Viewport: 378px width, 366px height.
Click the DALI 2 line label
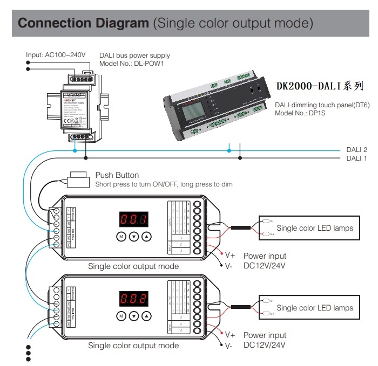pos(356,149)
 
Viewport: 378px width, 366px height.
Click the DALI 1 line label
pos(356,158)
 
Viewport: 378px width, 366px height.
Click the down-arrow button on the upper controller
pos(134,237)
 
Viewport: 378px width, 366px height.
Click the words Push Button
pos(117,175)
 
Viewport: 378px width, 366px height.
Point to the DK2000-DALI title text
pos(320,86)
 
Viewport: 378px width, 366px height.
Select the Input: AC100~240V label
pos(56,55)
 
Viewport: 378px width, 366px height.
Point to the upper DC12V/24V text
pos(264,265)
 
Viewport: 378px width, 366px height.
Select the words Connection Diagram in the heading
pos(84,23)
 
